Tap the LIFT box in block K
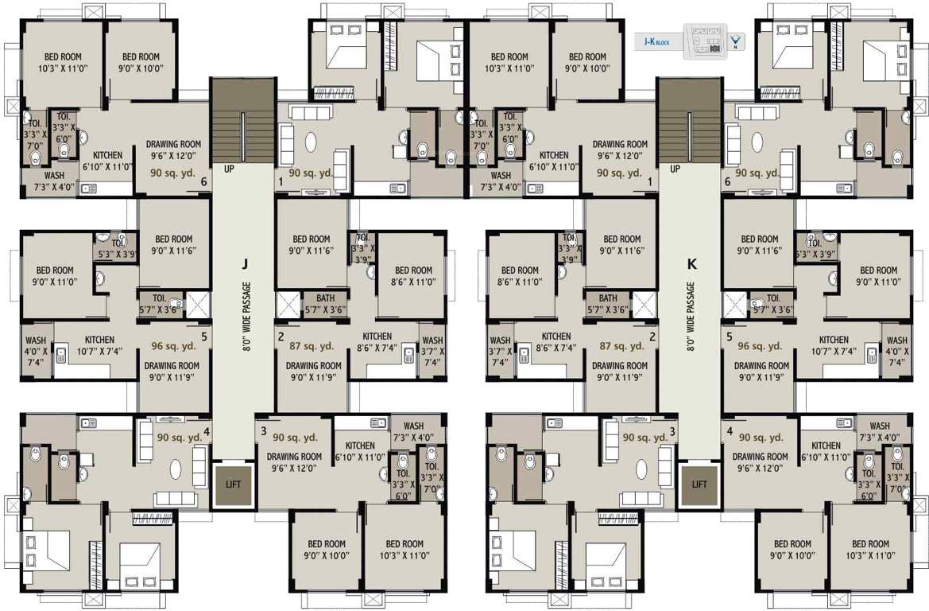(x=699, y=483)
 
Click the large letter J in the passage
(x=246, y=263)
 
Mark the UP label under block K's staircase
(x=675, y=169)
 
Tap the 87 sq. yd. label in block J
(x=312, y=346)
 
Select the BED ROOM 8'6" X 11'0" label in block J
(x=413, y=276)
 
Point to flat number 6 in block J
(x=204, y=182)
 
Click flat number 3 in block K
(x=672, y=431)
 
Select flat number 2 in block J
(x=281, y=337)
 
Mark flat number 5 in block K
(x=730, y=337)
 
